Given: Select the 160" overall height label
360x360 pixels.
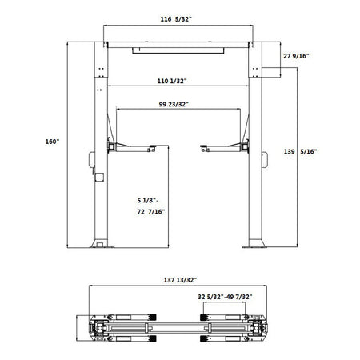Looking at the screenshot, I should point(53,142).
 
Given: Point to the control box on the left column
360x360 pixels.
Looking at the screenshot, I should point(95,173).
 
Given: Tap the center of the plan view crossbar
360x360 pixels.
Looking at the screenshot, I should point(181,327).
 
